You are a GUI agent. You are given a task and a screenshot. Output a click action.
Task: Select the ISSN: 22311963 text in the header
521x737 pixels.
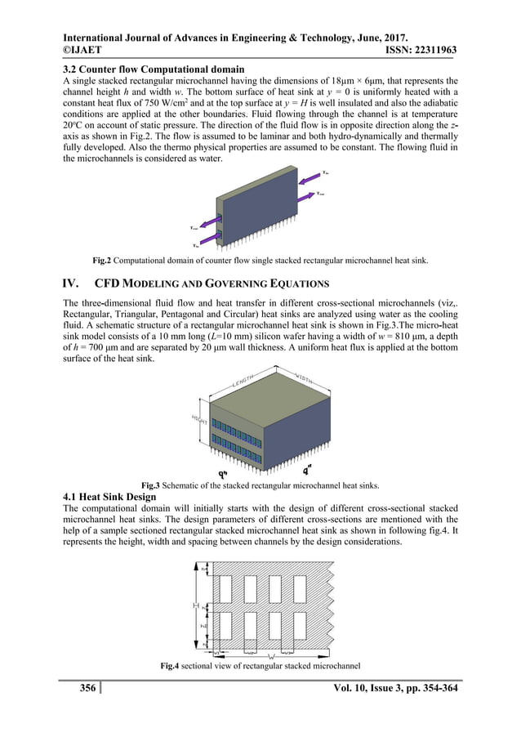click(414, 50)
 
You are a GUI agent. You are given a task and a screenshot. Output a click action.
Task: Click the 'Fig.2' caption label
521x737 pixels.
click(101, 261)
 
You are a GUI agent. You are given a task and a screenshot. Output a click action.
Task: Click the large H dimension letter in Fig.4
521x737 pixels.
click(194, 605)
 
